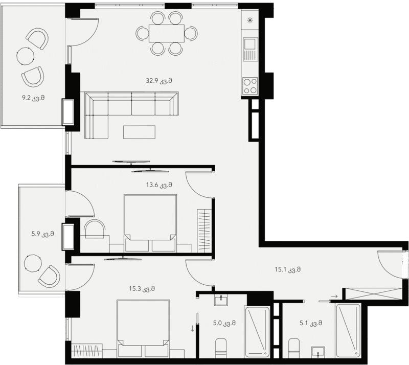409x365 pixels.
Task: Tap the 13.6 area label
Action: pyautogui.click(x=158, y=185)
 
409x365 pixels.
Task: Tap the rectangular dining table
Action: pyautogui.click(x=167, y=34)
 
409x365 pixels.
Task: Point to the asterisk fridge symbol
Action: pyautogui.click(x=250, y=21)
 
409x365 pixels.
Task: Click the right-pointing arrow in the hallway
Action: pyautogui.click(x=334, y=295)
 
